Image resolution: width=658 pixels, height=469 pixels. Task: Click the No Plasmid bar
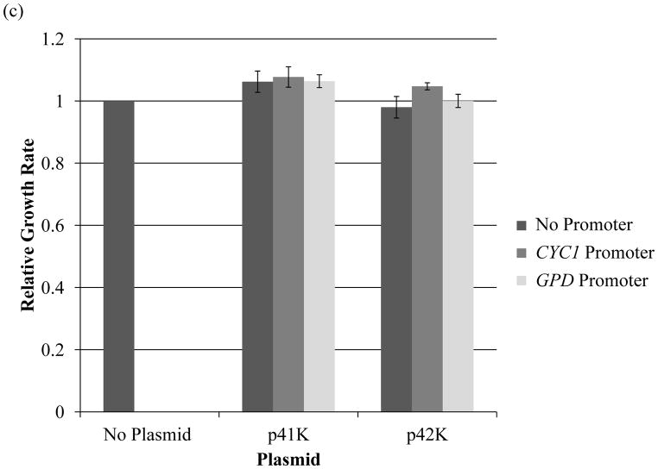(x=118, y=256)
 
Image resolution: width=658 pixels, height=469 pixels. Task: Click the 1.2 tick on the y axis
(x=57, y=40)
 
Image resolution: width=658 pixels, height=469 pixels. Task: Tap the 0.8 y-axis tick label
(x=57, y=164)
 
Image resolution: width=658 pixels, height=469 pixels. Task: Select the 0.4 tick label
(x=57, y=288)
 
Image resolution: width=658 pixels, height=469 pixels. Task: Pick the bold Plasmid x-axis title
(x=289, y=459)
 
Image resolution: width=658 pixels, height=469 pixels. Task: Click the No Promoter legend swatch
(x=522, y=225)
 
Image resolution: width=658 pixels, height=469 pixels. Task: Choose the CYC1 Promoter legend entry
(x=586, y=253)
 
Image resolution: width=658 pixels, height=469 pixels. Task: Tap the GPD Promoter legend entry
(x=586, y=280)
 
